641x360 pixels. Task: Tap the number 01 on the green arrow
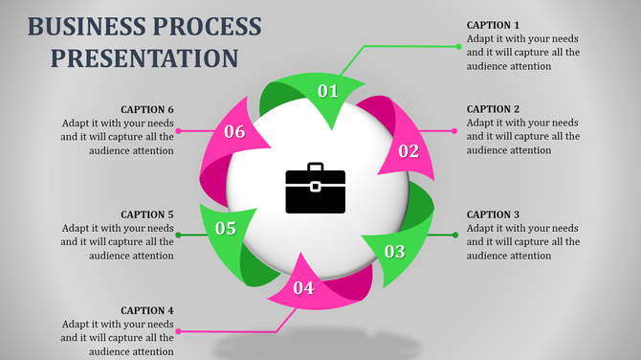(328, 92)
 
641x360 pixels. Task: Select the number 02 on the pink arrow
(409, 151)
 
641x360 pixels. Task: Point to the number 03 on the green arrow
(394, 253)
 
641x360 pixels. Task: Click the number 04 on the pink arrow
(303, 288)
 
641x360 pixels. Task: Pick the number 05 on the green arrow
(226, 229)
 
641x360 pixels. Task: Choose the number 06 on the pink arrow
(234, 132)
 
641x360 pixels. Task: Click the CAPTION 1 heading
(494, 25)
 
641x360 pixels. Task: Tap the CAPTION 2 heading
(494, 109)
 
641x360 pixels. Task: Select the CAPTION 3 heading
(494, 214)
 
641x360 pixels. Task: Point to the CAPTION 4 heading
(147, 310)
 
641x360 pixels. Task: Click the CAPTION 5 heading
(147, 214)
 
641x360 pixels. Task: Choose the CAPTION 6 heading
(147, 109)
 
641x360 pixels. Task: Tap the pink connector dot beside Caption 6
(180, 131)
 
